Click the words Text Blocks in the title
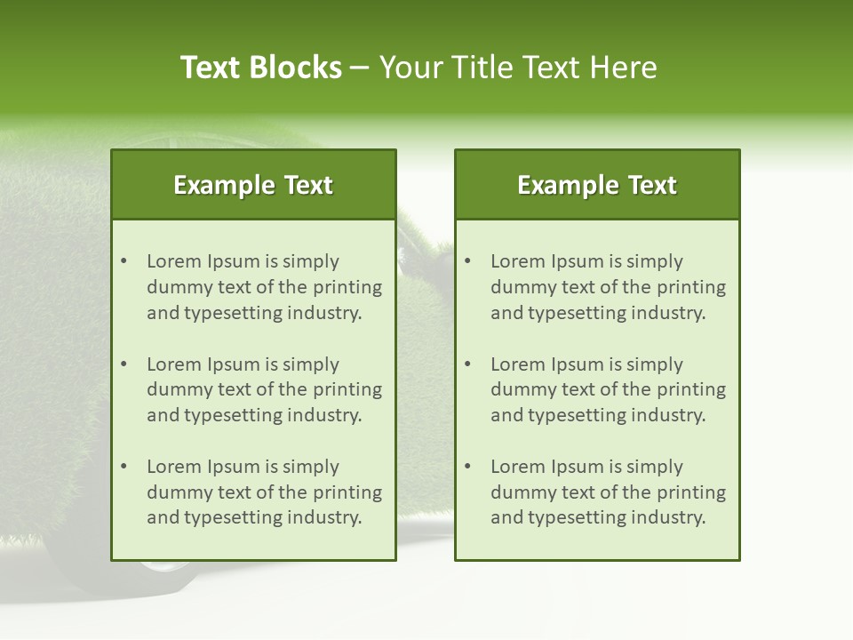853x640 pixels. tap(261, 68)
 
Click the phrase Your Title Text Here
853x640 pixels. tap(518, 68)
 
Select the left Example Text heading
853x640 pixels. tap(253, 185)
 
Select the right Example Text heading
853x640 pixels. tap(597, 185)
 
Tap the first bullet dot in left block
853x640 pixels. tap(124, 261)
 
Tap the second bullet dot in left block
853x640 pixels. tap(124, 364)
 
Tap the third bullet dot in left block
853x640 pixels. tap(124, 467)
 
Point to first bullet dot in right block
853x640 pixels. tap(467, 261)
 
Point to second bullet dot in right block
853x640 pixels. tap(467, 364)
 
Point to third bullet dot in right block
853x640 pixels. tap(467, 467)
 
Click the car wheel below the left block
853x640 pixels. tap(169, 573)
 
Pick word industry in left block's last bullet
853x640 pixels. tap(325, 517)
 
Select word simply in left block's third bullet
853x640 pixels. tap(311, 467)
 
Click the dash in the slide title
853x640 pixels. tap(361, 68)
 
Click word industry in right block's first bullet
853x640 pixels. tap(669, 313)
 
